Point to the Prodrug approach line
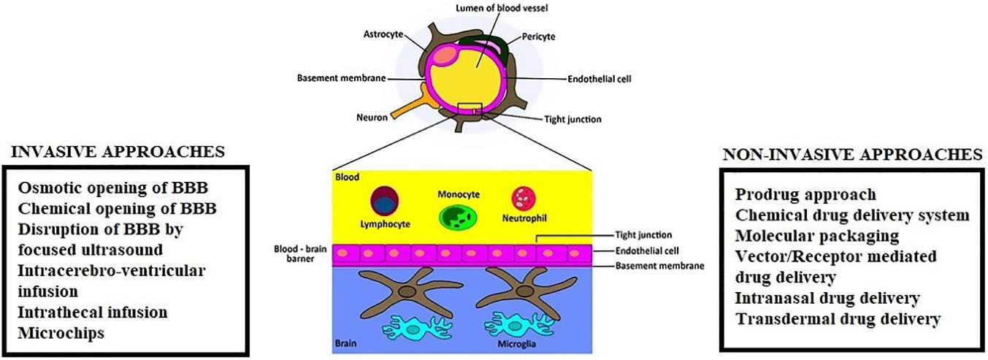805,195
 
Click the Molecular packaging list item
817,237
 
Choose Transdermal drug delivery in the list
838,319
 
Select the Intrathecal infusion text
93,313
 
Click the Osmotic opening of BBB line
117,188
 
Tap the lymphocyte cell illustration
384,199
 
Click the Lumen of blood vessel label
491,8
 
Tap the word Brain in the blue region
346,342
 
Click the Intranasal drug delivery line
827,299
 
